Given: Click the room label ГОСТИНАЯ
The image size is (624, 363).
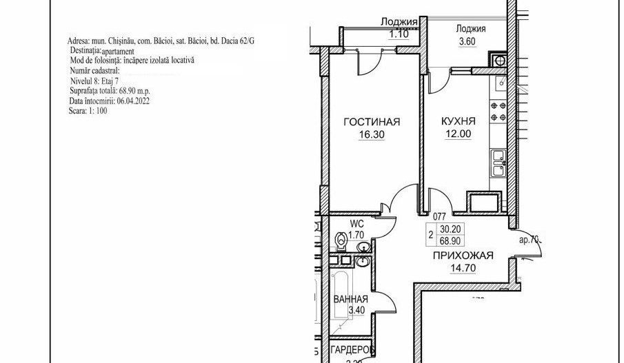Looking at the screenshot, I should (372, 123).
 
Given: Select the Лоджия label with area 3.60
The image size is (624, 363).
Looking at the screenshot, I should (472, 29).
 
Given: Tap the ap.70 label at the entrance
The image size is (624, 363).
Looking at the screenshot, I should (531, 241).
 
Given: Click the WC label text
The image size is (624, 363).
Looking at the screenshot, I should (357, 224).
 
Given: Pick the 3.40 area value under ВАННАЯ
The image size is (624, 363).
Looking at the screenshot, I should (356, 311).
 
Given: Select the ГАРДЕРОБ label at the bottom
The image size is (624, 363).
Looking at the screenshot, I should (352, 350).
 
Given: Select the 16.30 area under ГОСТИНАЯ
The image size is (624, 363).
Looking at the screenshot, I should (371, 135).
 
